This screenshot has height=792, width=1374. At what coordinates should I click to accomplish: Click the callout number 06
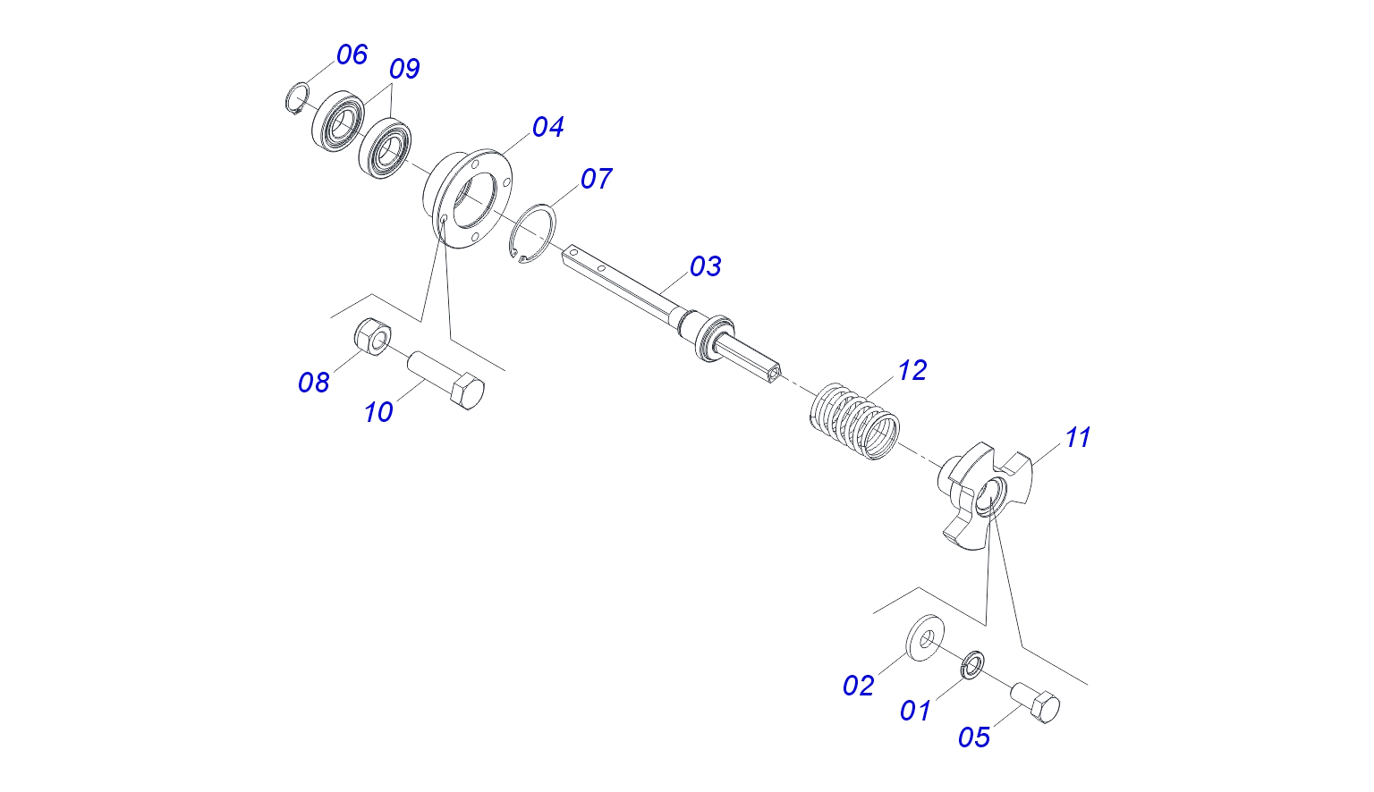(x=352, y=55)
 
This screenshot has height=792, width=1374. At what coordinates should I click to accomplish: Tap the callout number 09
(x=404, y=69)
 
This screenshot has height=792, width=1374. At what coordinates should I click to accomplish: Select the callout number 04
(x=547, y=127)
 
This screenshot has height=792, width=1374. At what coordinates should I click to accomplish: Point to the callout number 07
(x=596, y=179)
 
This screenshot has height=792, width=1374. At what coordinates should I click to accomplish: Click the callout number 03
(x=705, y=266)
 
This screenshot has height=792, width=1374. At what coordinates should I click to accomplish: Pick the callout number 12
(x=912, y=370)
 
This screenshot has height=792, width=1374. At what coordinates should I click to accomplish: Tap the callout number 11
(x=1077, y=437)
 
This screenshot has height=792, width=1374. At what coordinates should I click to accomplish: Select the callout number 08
(x=314, y=383)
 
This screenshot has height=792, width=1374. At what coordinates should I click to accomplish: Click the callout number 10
(x=378, y=412)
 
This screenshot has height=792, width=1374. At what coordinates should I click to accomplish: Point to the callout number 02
(x=858, y=686)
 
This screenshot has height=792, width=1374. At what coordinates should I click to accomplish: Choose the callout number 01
(x=915, y=711)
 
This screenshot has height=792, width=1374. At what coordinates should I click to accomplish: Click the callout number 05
(x=974, y=737)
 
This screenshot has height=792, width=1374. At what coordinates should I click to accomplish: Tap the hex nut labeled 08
(x=372, y=336)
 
